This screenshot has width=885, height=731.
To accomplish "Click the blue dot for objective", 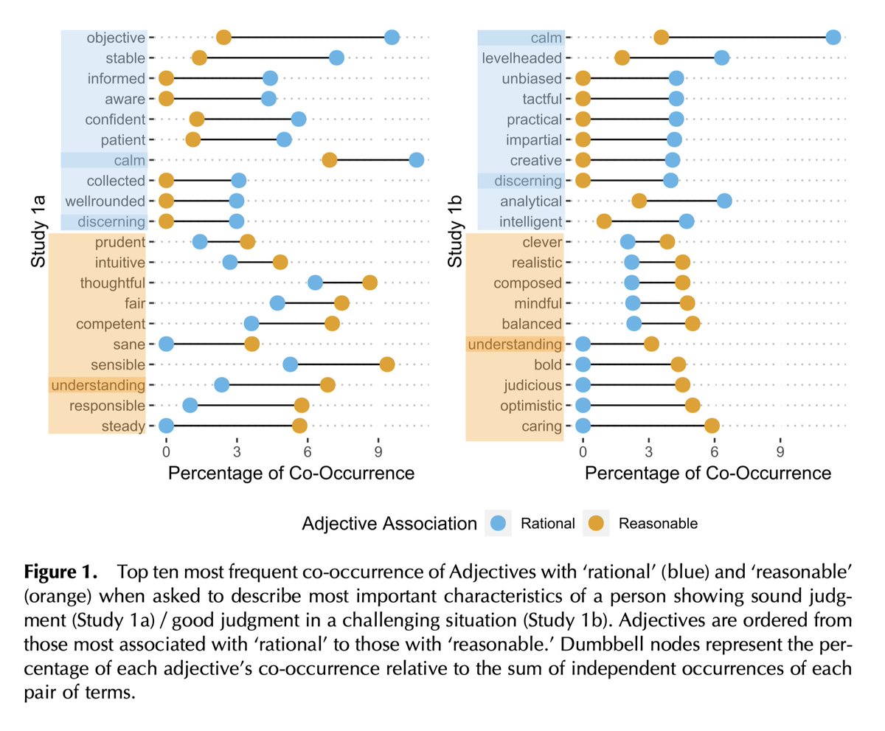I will point(392,38).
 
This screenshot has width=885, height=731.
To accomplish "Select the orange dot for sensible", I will point(386,364).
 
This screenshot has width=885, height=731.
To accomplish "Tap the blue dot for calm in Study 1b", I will point(833,38).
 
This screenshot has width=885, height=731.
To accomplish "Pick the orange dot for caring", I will point(712,426).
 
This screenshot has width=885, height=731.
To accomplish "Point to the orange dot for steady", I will point(299,426).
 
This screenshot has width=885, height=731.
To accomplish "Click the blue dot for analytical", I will point(724,201).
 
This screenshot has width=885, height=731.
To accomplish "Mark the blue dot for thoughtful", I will point(315,283).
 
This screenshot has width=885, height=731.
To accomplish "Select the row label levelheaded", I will point(522,58).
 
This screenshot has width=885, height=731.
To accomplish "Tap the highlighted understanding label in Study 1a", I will point(97,385).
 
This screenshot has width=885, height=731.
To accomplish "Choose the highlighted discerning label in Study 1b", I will point(527,181).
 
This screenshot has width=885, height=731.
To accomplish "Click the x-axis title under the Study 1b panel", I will point(708,473).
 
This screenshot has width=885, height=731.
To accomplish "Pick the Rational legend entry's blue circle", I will point(499,524).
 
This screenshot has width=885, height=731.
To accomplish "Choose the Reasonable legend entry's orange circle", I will point(596,524).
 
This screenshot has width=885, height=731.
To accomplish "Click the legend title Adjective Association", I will point(389,524).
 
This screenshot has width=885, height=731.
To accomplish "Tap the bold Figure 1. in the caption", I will point(61,572).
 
